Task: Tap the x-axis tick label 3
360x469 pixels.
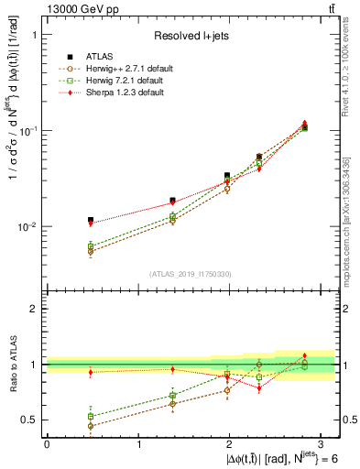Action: click(322, 442)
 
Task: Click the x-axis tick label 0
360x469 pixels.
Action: click(47, 442)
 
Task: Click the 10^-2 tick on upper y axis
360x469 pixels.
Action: click(27, 227)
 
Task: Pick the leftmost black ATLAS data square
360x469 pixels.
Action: click(90, 220)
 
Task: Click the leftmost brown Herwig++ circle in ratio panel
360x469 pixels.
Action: click(90, 426)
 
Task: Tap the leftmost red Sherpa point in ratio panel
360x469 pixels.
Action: click(90, 372)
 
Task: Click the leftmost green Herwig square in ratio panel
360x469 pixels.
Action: click(90, 416)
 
